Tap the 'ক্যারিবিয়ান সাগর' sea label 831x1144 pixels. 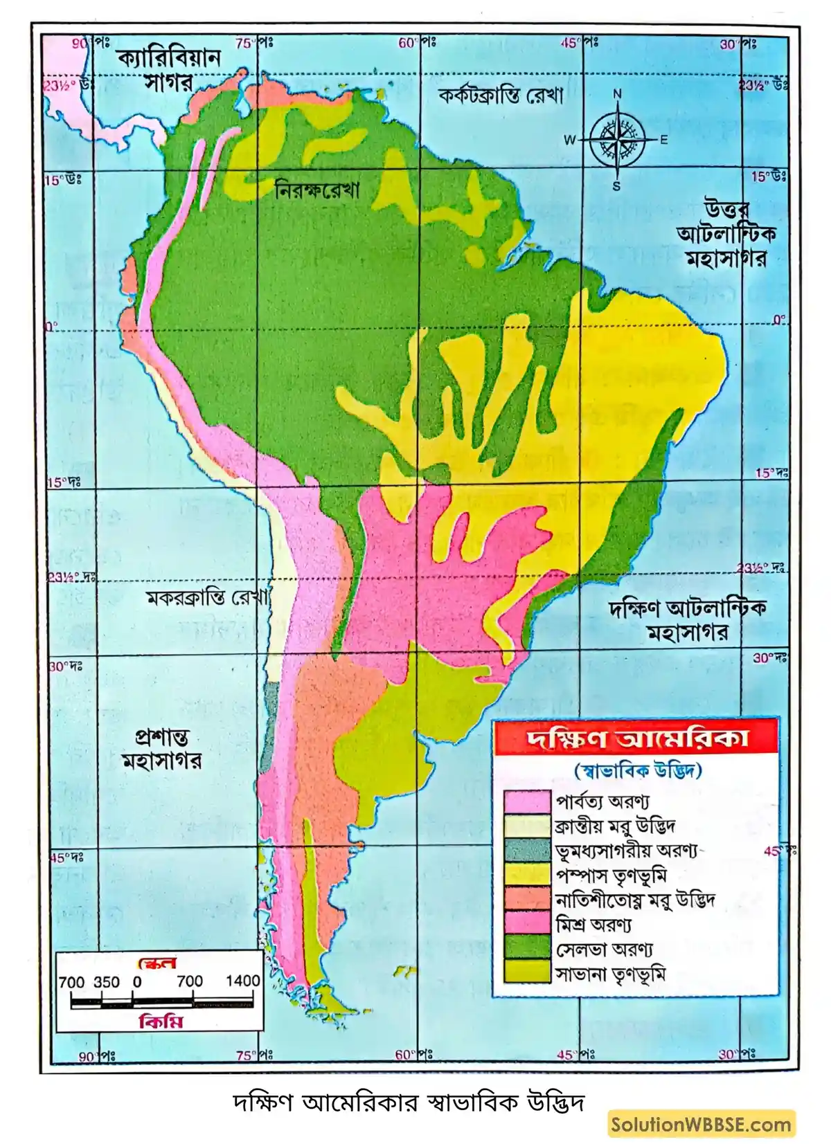[168, 70]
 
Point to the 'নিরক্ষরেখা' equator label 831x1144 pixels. [317, 190]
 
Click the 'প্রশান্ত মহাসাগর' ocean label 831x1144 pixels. [161, 750]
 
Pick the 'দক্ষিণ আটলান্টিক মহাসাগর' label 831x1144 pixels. [688, 620]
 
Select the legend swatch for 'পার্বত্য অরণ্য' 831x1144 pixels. [526, 801]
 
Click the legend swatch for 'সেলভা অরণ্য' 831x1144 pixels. [526, 948]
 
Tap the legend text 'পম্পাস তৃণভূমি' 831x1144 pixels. [611, 875]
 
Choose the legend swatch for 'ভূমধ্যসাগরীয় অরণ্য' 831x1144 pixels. [526, 851]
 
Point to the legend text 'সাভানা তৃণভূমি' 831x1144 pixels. [610, 974]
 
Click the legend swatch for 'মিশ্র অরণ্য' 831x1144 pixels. [526, 924]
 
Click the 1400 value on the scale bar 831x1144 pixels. [242, 981]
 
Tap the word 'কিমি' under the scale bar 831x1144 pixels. [161, 1022]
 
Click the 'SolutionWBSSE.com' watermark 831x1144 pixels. [702, 1125]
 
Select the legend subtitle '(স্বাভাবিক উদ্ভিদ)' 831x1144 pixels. [637, 770]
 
